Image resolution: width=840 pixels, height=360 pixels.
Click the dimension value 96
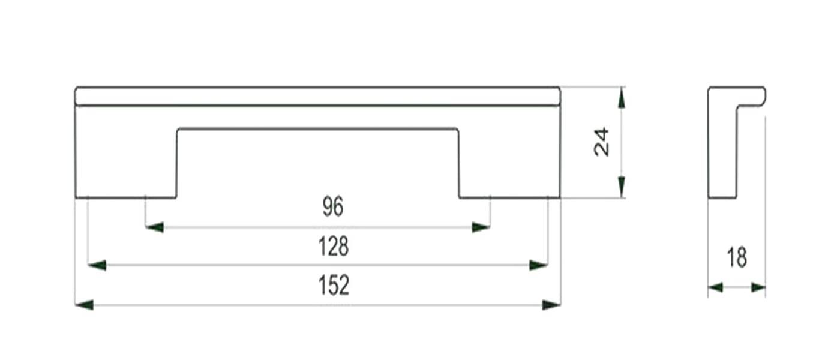tap(333, 207)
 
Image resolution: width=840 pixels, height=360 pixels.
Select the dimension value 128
tap(334, 246)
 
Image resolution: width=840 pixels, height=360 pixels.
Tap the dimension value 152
tap(334, 286)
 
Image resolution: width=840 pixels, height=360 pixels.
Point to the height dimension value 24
tap(601, 142)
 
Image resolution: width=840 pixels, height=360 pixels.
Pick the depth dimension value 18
tap(737, 258)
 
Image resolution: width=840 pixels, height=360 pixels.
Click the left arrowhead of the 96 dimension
tap(155, 227)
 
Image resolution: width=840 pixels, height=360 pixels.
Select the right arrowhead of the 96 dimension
tap(481, 227)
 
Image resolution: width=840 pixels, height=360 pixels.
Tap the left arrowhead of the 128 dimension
tap(97, 265)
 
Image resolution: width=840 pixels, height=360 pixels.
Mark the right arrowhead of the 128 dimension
tap(538, 265)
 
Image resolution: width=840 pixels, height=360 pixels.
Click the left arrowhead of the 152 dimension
tap(85, 305)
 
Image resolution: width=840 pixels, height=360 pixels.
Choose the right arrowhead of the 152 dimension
tap(551, 305)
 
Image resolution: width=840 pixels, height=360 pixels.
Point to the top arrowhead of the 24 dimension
tap(621, 97)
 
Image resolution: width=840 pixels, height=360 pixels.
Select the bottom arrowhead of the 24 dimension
tap(621, 187)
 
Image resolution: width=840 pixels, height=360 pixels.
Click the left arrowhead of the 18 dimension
tap(716, 288)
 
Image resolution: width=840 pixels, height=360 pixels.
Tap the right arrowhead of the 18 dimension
tap(758, 288)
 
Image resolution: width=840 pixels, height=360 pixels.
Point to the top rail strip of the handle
tap(317, 96)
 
